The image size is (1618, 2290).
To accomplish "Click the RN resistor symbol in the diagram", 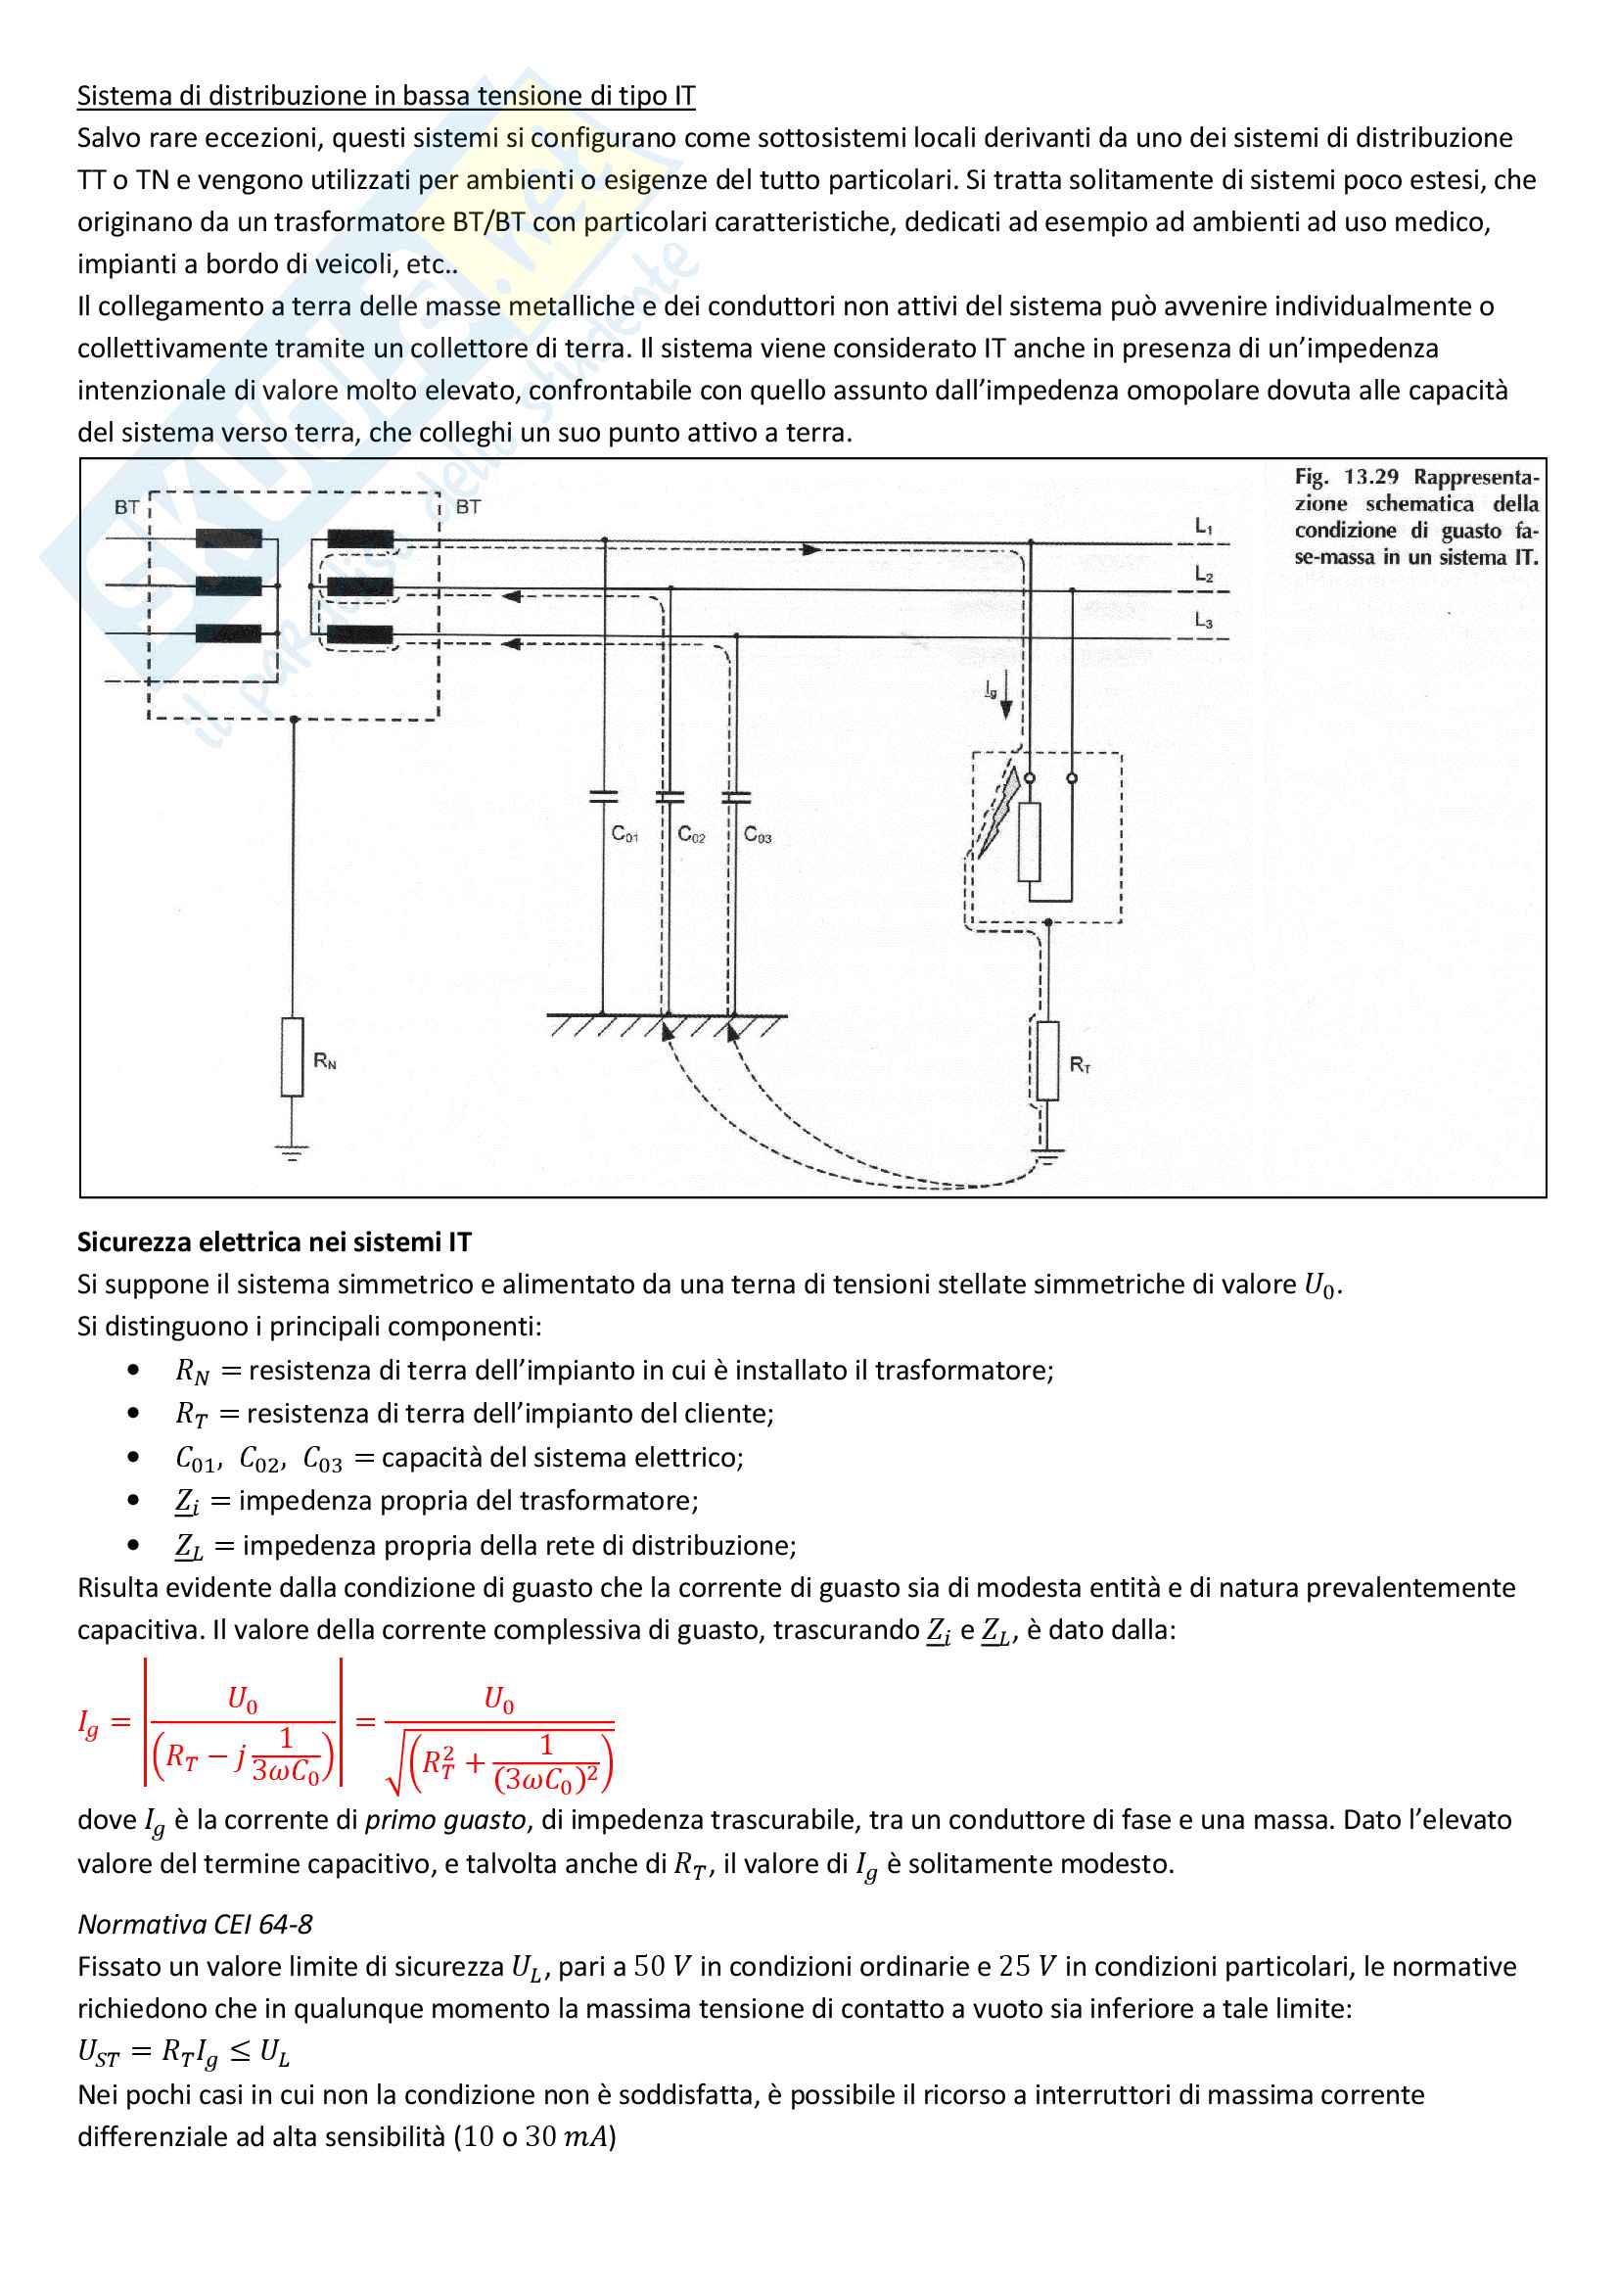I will (292, 1057).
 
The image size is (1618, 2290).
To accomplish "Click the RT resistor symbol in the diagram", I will (1046, 1060).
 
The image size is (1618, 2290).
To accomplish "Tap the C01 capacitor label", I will (624, 834).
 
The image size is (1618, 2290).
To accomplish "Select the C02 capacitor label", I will (691, 834).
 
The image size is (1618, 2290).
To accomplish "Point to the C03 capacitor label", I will (758, 834).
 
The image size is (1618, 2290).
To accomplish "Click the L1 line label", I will (1204, 526).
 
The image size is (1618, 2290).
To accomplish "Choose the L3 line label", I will (1204, 621).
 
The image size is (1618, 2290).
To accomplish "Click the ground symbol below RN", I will (292, 1153).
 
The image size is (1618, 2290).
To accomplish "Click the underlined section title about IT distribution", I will (386, 96).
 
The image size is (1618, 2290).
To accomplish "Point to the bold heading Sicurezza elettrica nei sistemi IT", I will (274, 1241).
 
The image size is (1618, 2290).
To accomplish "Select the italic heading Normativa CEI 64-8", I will (196, 1924).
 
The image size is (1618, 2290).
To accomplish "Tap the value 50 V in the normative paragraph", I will (662, 1966).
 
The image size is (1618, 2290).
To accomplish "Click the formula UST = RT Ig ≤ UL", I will (183, 2052).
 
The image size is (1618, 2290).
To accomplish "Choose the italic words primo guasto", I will (444, 1819).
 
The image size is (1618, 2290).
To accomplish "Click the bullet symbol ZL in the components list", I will (188, 1546).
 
